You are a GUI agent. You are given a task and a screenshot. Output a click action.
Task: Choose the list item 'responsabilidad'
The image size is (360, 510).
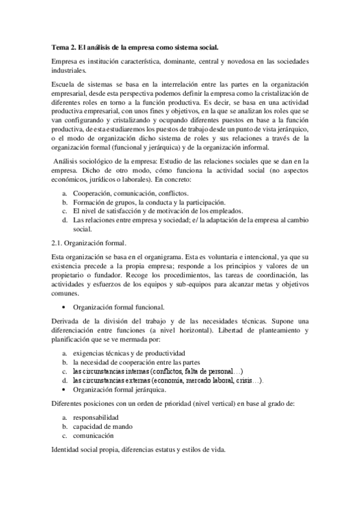pyautogui.click(x=96, y=417)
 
